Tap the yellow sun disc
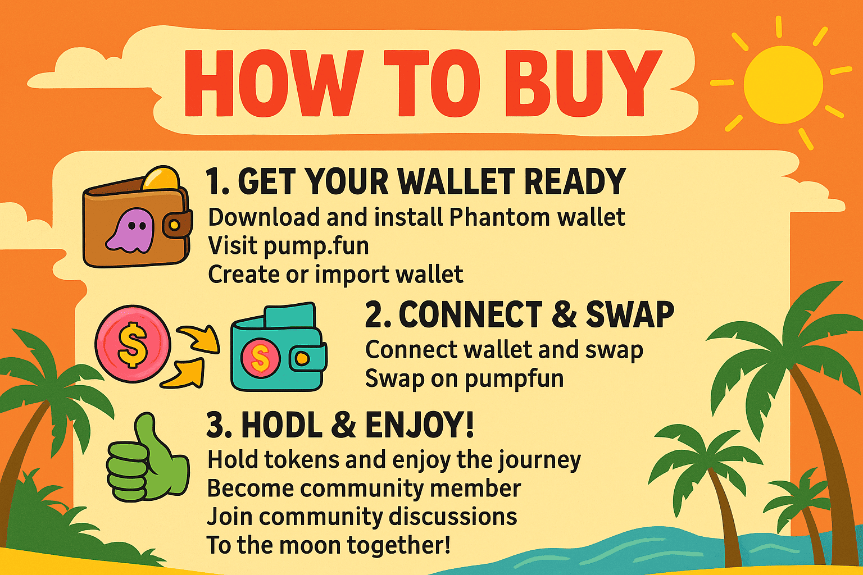click(x=783, y=85)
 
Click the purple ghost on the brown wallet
click(x=130, y=231)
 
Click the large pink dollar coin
click(x=133, y=344)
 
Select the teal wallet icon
click(x=279, y=348)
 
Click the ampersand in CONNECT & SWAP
click(x=564, y=314)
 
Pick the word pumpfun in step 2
click(x=514, y=380)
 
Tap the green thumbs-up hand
click(x=147, y=457)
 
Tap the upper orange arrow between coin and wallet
click(x=200, y=338)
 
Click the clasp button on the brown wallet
click(x=174, y=225)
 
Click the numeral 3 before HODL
click(x=215, y=426)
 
